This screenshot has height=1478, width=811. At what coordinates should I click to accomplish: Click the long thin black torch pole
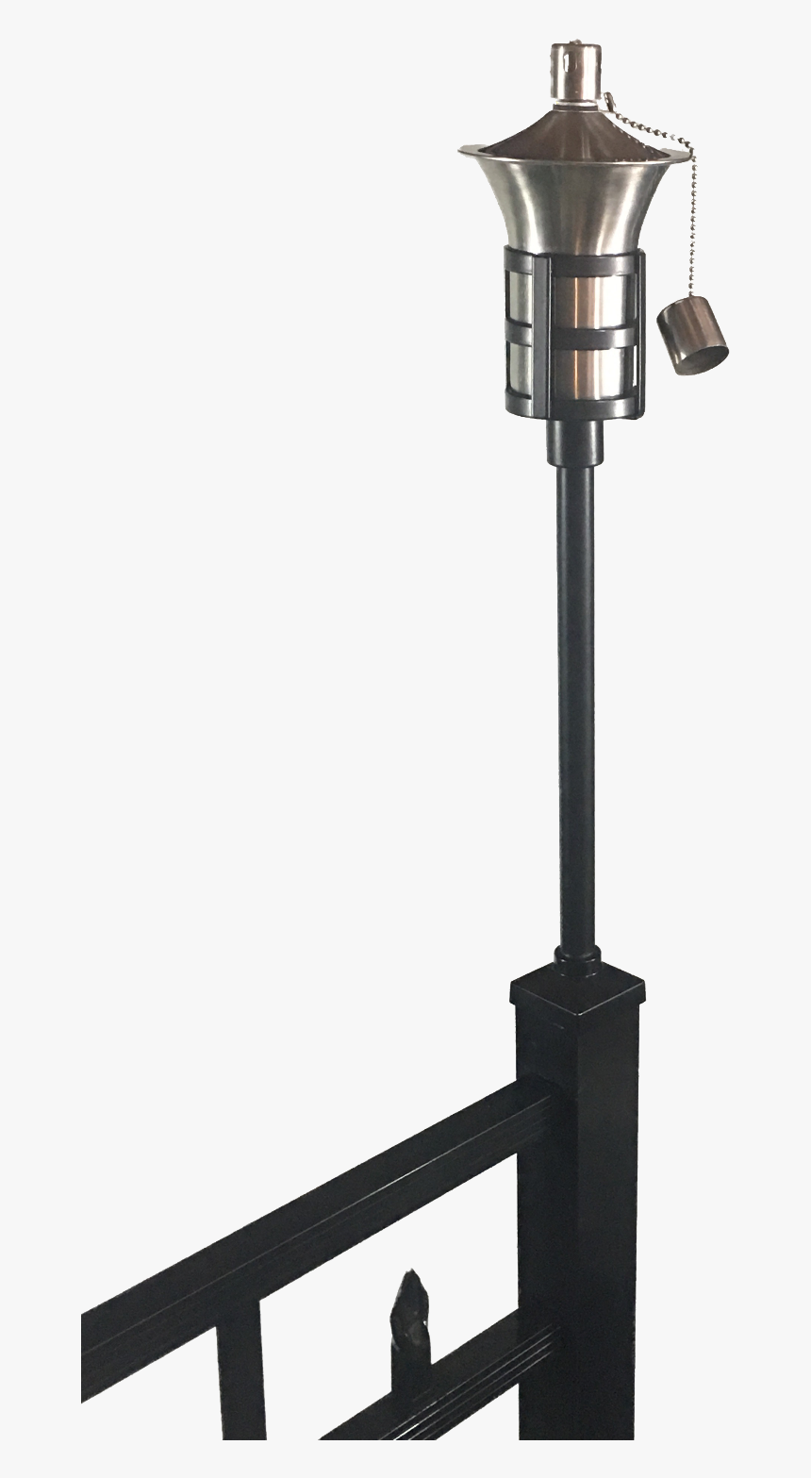click(x=576, y=707)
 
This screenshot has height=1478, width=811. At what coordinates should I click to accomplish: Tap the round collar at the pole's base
click(x=578, y=962)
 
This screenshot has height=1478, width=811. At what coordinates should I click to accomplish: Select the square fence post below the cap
click(x=577, y=1226)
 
